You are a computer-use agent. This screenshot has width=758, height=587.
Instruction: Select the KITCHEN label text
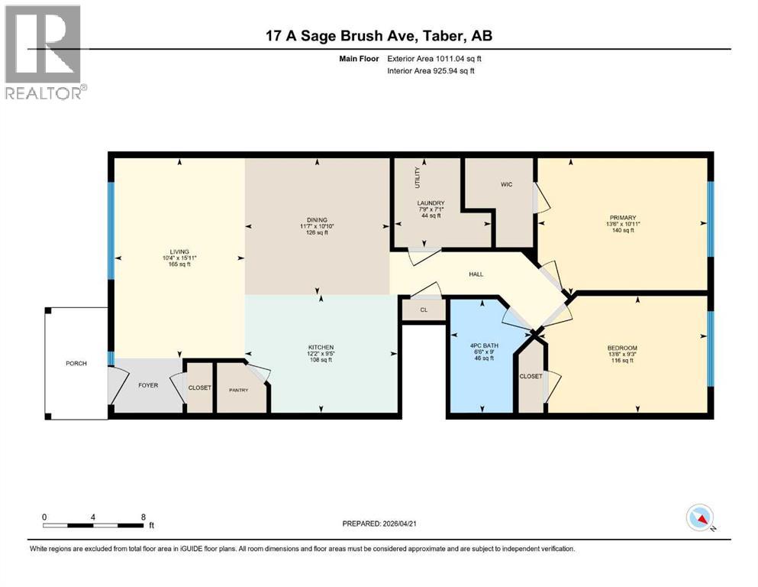click(321, 347)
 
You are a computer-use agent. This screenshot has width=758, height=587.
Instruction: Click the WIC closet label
click(505, 184)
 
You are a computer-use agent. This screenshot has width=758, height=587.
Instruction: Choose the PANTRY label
click(239, 390)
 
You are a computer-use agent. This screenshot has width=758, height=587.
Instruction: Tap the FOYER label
click(148, 385)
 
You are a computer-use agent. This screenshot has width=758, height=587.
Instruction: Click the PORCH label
click(76, 363)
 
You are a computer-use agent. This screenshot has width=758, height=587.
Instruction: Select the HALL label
click(476, 274)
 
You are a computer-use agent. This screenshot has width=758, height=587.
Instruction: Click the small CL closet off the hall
click(424, 310)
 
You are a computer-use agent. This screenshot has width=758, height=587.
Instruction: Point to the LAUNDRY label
click(431, 203)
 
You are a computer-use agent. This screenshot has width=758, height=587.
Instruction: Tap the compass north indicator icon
click(700, 519)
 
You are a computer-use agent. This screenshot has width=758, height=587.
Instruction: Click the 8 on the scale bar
click(144, 517)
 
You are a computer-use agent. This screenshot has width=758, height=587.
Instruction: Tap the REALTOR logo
click(44, 52)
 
